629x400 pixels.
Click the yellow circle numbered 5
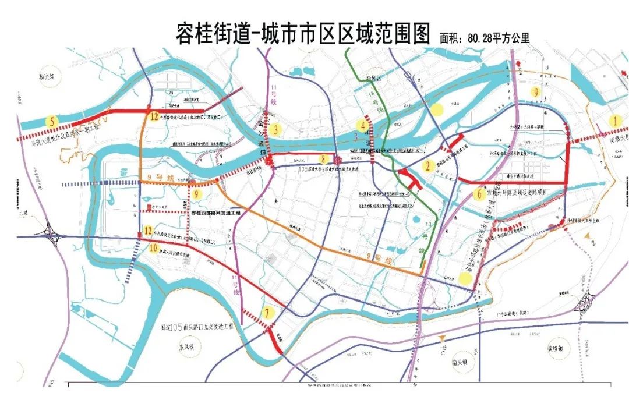(x=54, y=122)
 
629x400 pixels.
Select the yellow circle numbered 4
(x=364, y=125)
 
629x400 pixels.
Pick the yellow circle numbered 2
(x=428, y=167)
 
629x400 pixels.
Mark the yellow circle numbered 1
(x=612, y=121)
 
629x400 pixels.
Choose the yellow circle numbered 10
(x=153, y=249)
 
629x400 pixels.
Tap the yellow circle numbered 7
(x=267, y=313)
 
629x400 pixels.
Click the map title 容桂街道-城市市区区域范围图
(x=302, y=33)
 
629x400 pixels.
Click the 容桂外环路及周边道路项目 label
(x=518, y=193)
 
